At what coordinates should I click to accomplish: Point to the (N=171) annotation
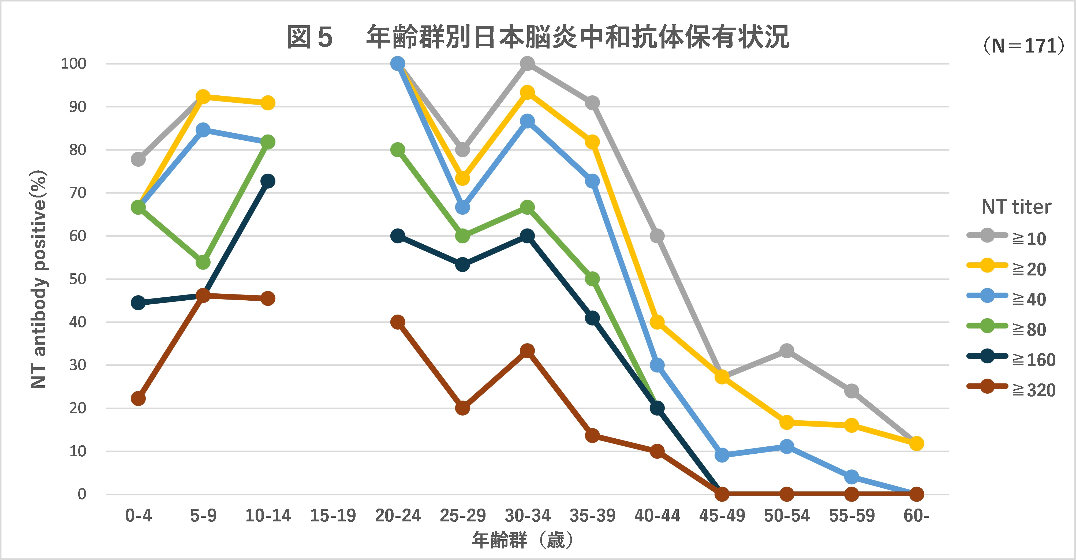coord(1022,46)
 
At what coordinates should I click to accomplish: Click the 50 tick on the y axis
coord(78,279)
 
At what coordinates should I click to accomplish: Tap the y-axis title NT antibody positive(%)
coord(39,279)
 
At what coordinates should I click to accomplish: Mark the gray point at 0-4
coord(138,159)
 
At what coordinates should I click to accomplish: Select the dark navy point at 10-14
coord(268,181)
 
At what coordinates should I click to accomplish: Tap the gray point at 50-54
coord(787,351)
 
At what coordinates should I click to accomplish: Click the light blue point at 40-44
coord(657,365)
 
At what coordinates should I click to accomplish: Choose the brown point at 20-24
coord(398,322)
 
